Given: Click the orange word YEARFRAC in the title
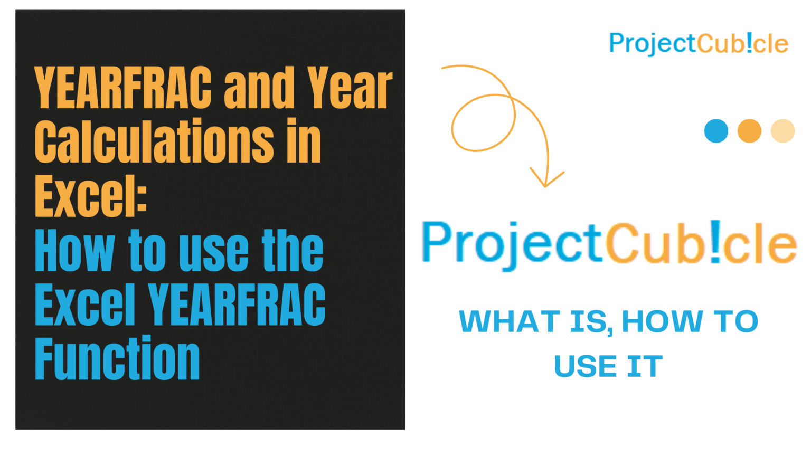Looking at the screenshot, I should (x=122, y=88).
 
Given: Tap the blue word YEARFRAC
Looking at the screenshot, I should (x=237, y=304).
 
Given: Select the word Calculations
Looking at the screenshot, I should (x=154, y=141).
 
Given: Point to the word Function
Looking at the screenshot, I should (x=117, y=359).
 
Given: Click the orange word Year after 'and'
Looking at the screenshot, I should (x=350, y=88).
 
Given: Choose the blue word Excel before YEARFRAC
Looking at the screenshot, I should (x=85, y=304).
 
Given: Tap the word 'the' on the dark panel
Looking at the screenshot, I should (x=293, y=250).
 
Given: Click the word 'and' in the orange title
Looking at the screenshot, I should (x=259, y=88).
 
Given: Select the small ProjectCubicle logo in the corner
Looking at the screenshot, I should (x=698, y=43).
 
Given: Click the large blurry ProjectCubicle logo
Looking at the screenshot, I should (x=609, y=243).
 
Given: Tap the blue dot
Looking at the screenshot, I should (x=716, y=131).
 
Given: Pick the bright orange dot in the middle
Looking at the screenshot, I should (x=749, y=131).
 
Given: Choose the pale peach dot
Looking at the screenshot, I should (x=782, y=131).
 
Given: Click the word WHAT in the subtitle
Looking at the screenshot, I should (x=510, y=321).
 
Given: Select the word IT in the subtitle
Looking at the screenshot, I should (x=645, y=366).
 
